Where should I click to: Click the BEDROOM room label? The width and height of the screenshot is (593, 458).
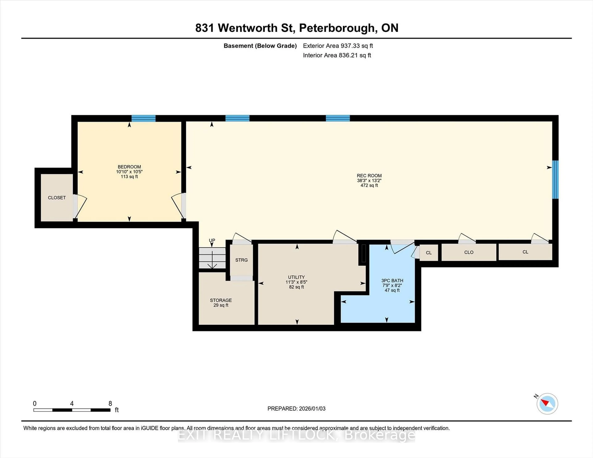[129, 167]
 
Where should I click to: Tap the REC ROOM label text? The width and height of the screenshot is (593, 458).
[369, 176]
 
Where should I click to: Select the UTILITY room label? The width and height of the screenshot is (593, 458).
[296, 277]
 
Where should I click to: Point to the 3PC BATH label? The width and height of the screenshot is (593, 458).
[392, 281]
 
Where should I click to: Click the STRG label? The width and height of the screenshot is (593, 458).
[241, 260]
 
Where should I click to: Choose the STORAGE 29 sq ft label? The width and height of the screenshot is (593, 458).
[221, 302]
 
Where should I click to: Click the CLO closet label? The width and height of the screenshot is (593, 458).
[469, 252]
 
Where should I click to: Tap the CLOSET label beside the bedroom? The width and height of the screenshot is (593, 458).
[57, 198]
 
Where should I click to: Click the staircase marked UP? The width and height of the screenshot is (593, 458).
[212, 258]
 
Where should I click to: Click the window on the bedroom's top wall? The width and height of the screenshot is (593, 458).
[143, 118]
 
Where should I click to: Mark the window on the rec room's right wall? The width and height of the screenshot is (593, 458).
[555, 180]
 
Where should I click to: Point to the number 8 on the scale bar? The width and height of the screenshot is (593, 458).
[110, 404]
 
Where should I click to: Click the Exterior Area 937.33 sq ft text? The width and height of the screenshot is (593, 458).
[338, 46]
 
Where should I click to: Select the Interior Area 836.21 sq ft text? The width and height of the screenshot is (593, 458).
[337, 55]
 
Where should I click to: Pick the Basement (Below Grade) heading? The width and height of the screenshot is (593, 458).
[260, 46]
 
